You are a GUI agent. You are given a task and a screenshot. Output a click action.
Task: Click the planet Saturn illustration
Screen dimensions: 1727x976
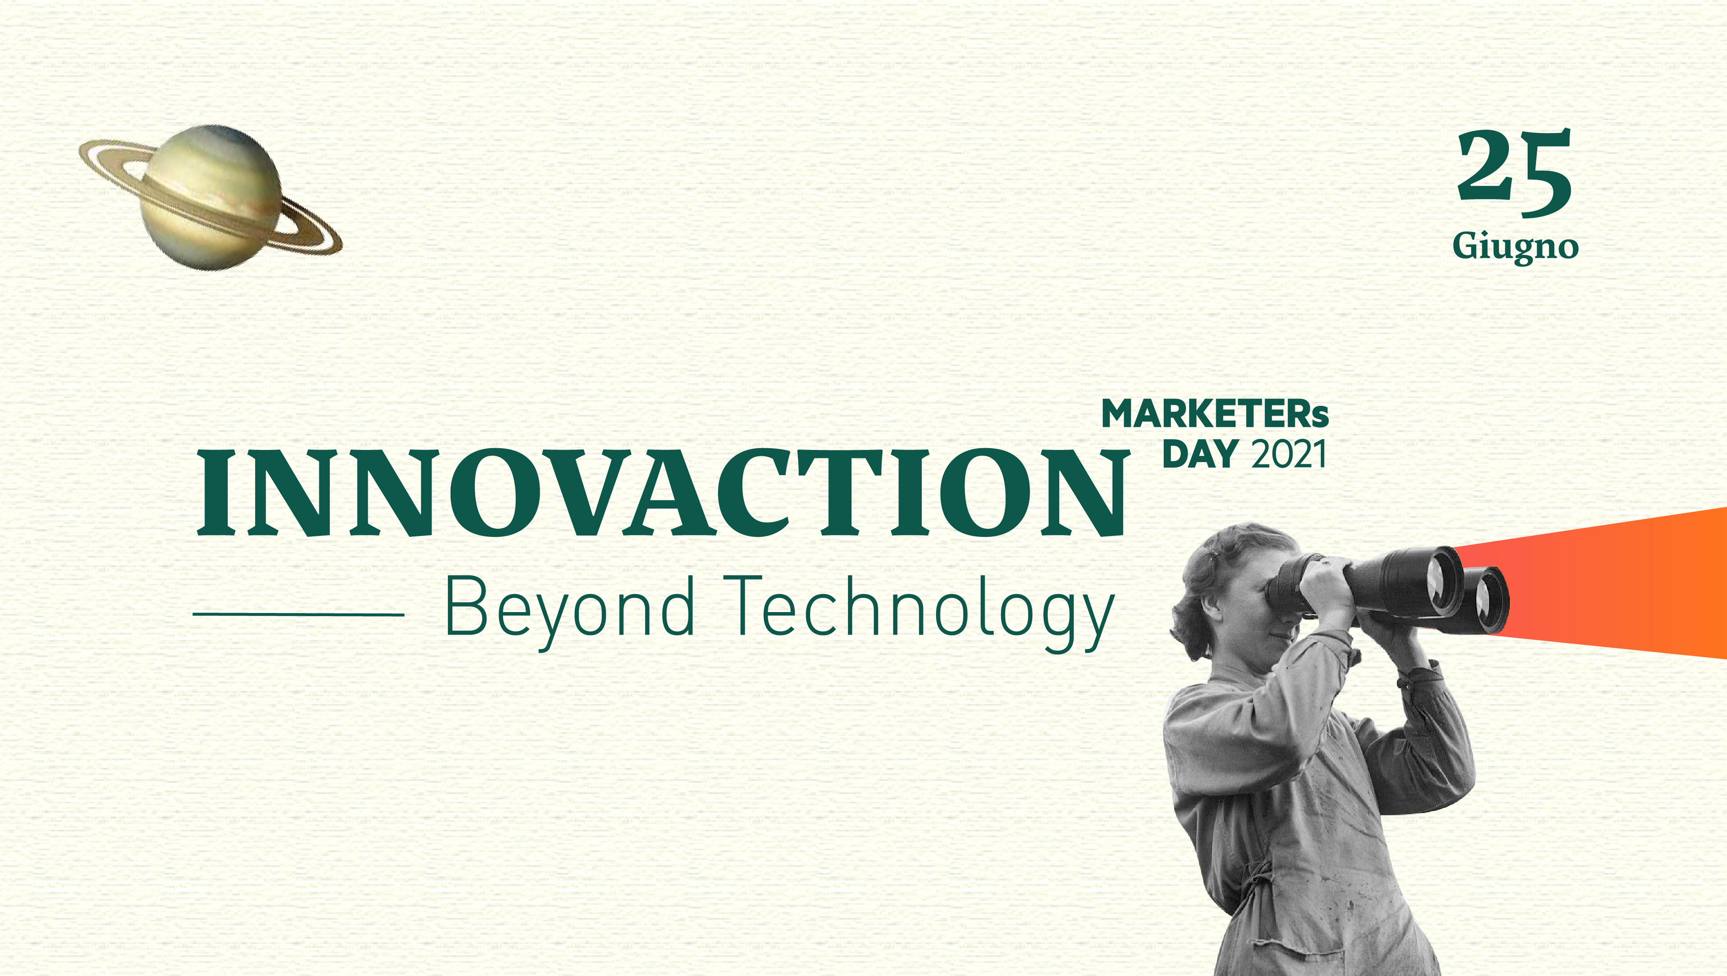pyautogui.click(x=210, y=198)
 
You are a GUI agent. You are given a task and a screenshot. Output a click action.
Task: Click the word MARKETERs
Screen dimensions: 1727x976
pyautogui.click(x=1215, y=414)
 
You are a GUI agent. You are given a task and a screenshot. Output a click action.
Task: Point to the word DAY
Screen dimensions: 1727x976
pyautogui.click(x=1200, y=454)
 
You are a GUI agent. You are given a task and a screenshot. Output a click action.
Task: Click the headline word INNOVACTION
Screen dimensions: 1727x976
pyautogui.click(x=660, y=493)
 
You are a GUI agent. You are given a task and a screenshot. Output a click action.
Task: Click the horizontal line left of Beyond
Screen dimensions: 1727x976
pyautogui.click(x=298, y=614)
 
